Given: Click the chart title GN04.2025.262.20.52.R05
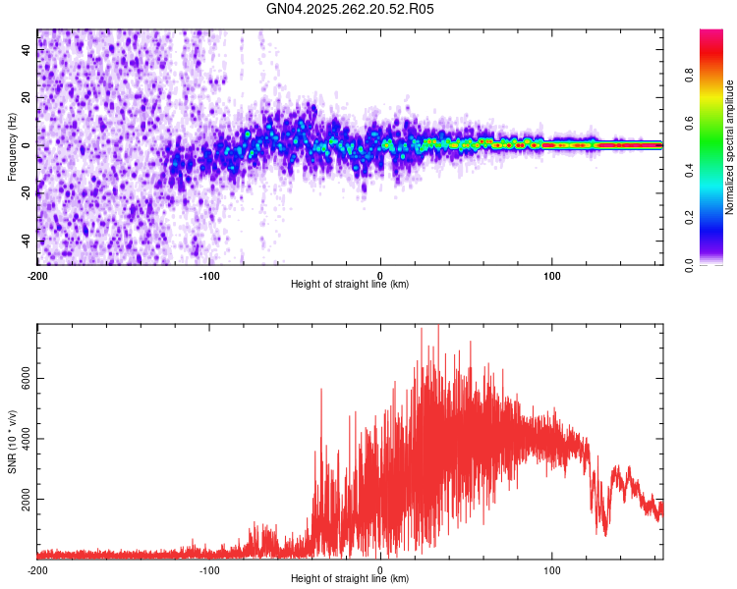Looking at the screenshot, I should pyautogui.click(x=350, y=9).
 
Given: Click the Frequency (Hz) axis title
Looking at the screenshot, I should pyautogui.click(x=12, y=146).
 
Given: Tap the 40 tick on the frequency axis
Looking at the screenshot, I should pyautogui.click(x=28, y=50).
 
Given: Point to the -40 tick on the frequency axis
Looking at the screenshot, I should pyautogui.click(x=28, y=241).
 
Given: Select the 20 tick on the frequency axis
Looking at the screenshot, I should pyautogui.click(x=28, y=98).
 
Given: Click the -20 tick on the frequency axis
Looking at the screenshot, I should pyautogui.click(x=28, y=193).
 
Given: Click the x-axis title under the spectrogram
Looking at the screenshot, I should pyautogui.click(x=350, y=284).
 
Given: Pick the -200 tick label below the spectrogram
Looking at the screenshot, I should pyautogui.click(x=37, y=275).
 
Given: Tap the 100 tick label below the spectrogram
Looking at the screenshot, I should pyautogui.click(x=552, y=275).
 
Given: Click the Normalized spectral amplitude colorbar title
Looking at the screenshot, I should pyautogui.click(x=730, y=147).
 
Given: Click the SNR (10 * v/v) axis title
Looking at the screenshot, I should pyautogui.click(x=12, y=441).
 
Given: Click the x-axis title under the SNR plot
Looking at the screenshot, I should pyautogui.click(x=350, y=578).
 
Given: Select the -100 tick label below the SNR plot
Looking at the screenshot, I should pyautogui.click(x=208, y=569).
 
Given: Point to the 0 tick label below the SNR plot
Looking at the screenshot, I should pyautogui.click(x=380, y=569).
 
